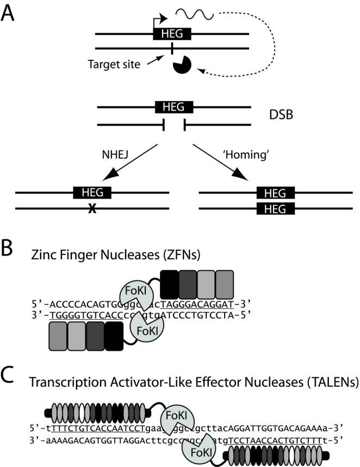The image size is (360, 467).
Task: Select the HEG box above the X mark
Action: pyautogui.click(x=92, y=192)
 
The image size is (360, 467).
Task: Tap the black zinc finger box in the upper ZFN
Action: pyautogui.click(x=170, y=282)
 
